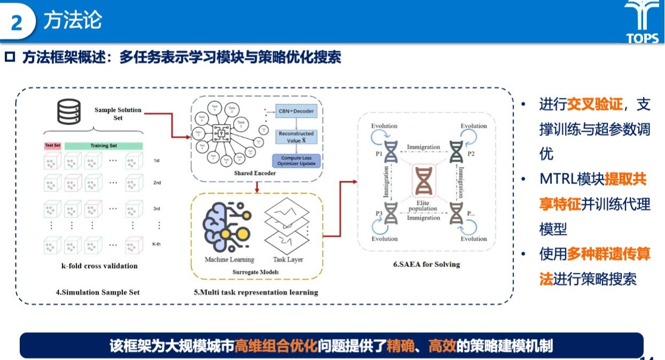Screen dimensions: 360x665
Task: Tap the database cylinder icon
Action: coord(69,112)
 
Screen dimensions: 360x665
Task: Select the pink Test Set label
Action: coord(52,145)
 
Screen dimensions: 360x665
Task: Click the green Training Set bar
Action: coord(103,145)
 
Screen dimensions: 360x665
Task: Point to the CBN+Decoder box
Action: coord(296,111)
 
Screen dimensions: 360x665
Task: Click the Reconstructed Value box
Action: coord(296,136)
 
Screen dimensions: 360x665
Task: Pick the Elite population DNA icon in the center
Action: coord(423,181)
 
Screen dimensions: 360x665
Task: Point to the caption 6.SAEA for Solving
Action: coord(426,264)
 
